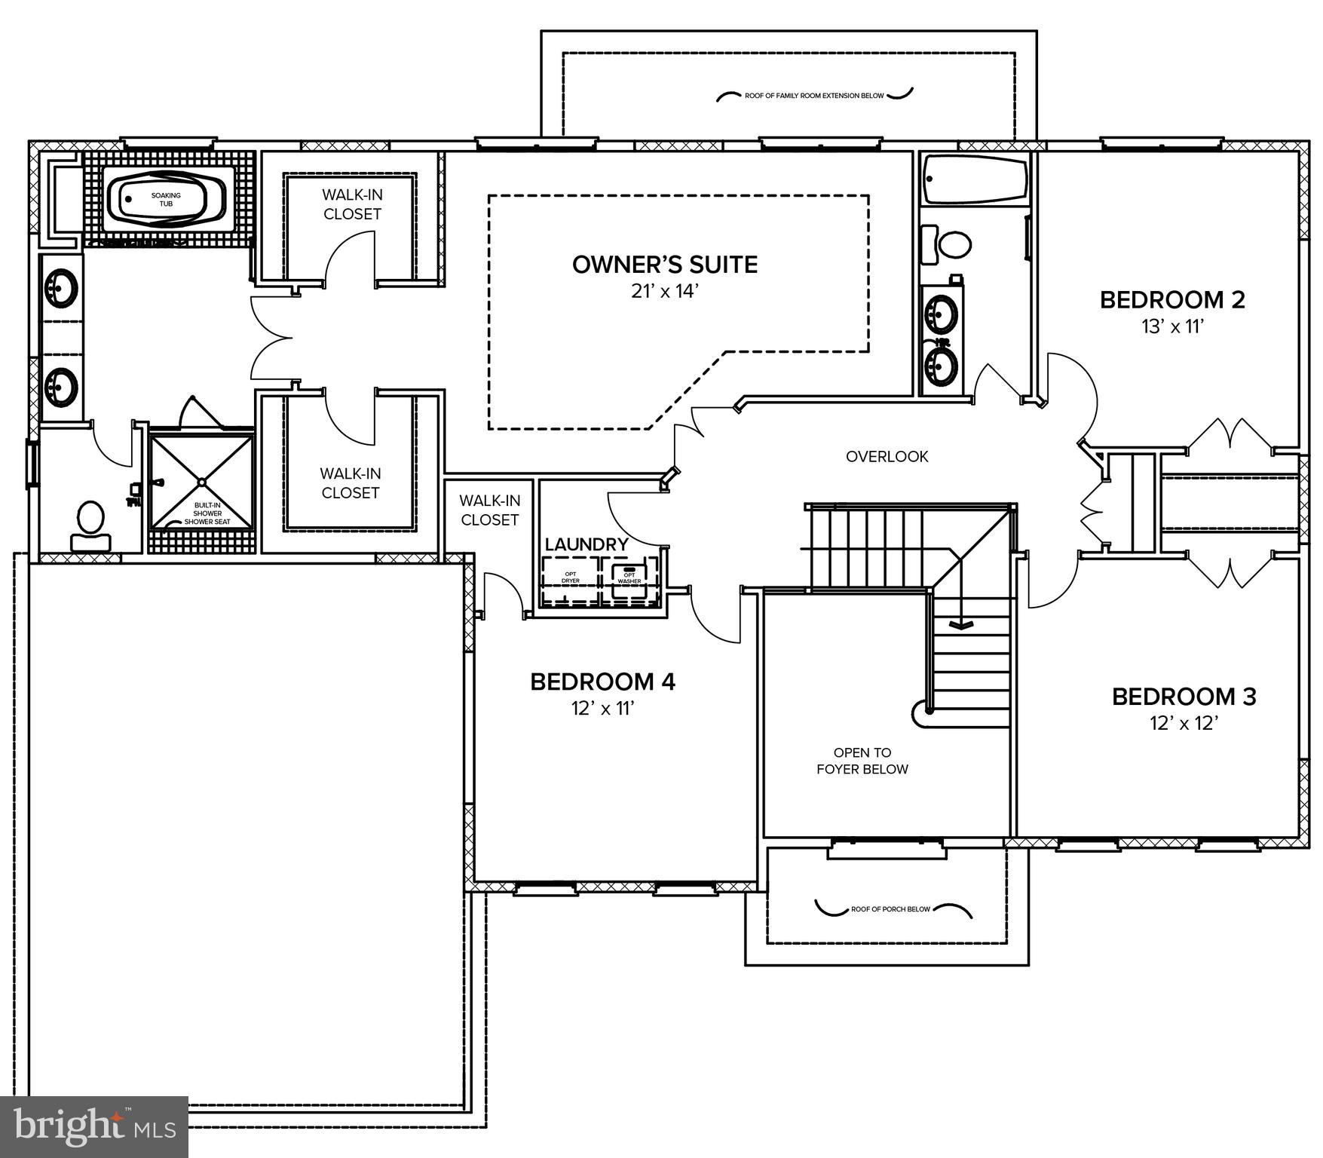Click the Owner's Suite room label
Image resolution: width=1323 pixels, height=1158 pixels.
[x=664, y=265]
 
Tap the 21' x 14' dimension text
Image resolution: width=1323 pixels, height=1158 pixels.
[x=666, y=292]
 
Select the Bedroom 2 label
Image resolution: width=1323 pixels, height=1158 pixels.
[x=1171, y=300]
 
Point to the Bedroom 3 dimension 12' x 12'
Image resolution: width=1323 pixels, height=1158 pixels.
[x=1184, y=724]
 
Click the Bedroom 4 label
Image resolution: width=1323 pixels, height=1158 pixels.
[x=602, y=682]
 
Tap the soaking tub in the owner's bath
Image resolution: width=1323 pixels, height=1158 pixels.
[x=167, y=200]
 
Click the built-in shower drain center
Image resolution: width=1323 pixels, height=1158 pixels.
[x=202, y=481]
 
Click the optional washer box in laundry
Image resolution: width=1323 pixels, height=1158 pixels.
[x=629, y=579]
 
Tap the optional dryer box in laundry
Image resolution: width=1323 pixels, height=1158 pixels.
[x=571, y=579]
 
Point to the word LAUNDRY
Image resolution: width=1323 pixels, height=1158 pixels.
[x=586, y=544]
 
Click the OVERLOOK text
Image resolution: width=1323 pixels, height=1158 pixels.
[x=887, y=457]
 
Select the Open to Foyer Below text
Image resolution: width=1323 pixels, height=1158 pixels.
[x=862, y=761]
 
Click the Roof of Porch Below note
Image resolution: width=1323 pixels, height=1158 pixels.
[x=890, y=909]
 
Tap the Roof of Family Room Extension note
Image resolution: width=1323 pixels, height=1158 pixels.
[x=813, y=96]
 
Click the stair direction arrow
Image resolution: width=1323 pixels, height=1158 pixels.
[x=960, y=623]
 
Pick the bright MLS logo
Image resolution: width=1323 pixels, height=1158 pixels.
[x=93, y=1126]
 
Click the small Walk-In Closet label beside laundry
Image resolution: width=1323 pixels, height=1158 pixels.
[x=489, y=510]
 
